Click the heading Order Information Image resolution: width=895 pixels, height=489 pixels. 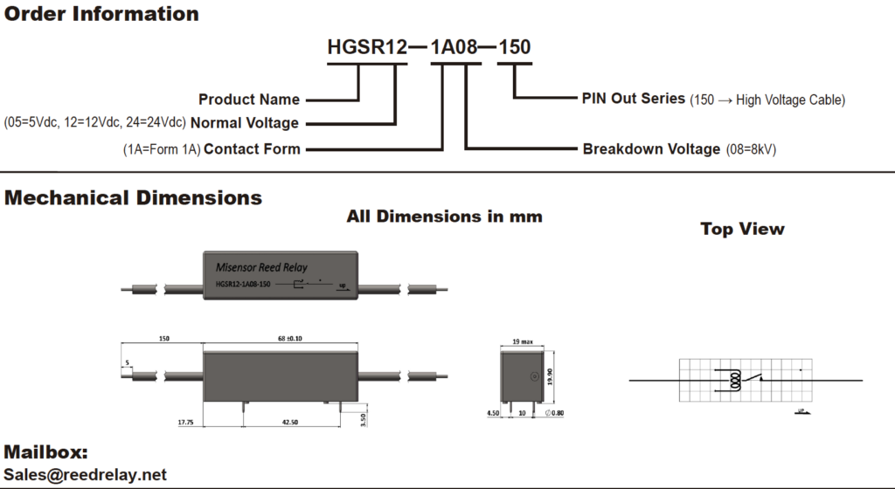click(x=101, y=14)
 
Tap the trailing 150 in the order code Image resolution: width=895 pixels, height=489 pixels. click(x=514, y=47)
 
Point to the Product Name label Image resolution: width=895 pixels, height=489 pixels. click(x=249, y=100)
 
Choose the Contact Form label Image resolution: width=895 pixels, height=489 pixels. click(x=252, y=149)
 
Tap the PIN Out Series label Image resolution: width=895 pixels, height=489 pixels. click(x=634, y=99)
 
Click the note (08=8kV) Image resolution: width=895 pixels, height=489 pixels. click(x=751, y=150)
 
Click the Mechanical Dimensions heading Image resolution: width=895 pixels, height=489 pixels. click(x=133, y=198)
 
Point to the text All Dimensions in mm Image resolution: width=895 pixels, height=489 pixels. click(x=444, y=216)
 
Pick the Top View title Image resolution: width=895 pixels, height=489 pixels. click(x=742, y=229)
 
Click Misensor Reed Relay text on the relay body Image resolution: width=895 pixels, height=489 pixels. click(x=261, y=266)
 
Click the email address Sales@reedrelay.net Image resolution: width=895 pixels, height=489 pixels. click(x=85, y=475)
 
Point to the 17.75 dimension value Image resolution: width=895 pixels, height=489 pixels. click(x=185, y=423)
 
